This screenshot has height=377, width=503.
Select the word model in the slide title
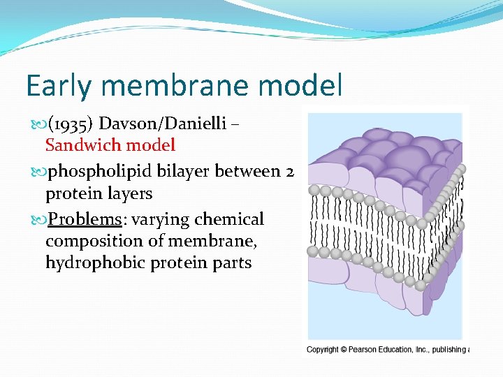coord(305,86)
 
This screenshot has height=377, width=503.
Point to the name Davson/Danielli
coord(162,124)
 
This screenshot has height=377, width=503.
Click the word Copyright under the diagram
coord(323,349)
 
